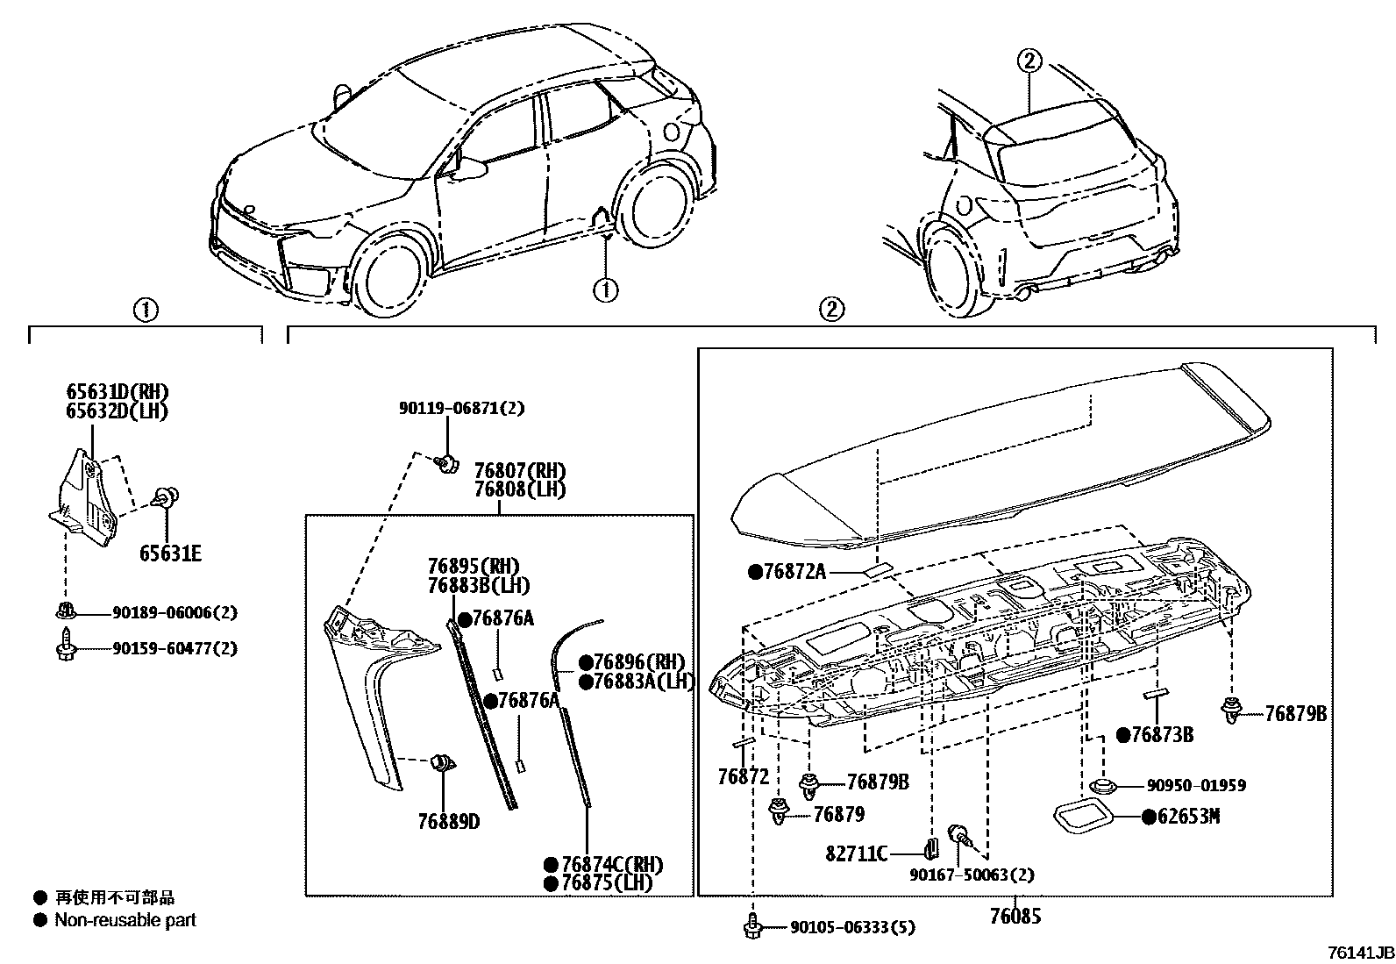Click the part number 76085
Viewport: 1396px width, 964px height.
1015,917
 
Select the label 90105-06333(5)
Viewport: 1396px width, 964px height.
852,927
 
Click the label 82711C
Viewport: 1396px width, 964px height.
857,853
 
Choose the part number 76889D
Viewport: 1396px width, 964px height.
448,821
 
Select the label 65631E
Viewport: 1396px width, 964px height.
170,553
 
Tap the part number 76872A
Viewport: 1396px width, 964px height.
794,572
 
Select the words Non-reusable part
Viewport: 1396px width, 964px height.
125,920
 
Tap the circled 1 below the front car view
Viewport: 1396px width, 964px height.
605,289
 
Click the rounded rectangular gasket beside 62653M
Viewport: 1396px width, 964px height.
1084,817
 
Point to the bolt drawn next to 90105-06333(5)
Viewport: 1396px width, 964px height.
751,926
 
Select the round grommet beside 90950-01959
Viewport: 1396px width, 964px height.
1102,786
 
